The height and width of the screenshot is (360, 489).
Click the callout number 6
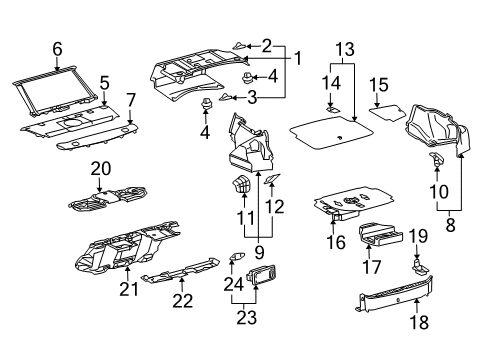[57, 48]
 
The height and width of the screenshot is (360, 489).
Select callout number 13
[344, 48]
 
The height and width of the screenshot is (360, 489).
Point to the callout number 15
[379, 84]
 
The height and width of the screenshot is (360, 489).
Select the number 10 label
[438, 191]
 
